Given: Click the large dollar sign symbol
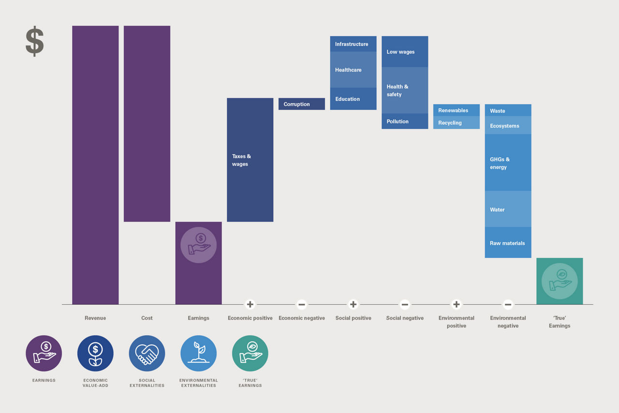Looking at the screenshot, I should (x=34, y=42).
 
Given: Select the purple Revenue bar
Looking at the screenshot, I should (x=95, y=164).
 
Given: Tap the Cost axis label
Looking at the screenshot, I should (x=147, y=318).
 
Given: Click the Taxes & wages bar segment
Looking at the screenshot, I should (x=250, y=160).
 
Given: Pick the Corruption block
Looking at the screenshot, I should (x=302, y=104).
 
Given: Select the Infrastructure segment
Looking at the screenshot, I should (x=353, y=44).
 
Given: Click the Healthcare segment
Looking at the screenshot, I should (x=353, y=70).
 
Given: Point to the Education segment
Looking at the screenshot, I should (x=353, y=99).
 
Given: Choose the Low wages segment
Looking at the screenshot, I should (x=405, y=52).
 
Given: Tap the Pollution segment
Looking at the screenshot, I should (x=405, y=121).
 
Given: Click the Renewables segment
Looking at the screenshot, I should (x=457, y=110).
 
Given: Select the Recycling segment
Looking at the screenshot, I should (x=457, y=123).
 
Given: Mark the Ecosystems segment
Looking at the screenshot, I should (x=508, y=126).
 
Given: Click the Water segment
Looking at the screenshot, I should (x=508, y=209).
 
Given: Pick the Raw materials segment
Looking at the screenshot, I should (x=508, y=243).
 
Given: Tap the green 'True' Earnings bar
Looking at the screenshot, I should (x=560, y=281).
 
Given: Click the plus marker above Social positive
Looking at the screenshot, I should (x=353, y=304).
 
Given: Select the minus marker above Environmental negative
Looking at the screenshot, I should (x=508, y=304).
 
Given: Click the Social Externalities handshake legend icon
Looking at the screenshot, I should (x=147, y=354).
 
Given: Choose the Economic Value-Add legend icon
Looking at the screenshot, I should (x=95, y=354).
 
